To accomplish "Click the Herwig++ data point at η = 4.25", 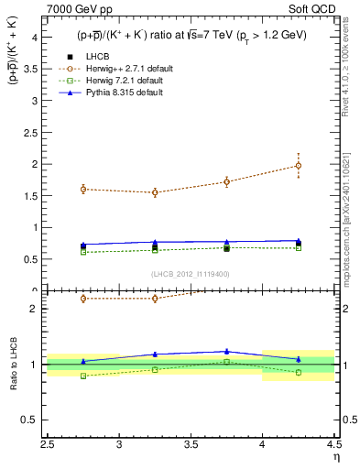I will (299, 166).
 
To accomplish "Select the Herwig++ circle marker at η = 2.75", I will (83, 189).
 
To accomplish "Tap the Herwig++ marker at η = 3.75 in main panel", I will (226, 181).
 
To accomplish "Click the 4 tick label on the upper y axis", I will (34, 38).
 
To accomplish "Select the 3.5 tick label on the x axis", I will (191, 445).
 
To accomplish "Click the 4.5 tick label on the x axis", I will (333, 445).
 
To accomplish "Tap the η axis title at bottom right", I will (336, 457).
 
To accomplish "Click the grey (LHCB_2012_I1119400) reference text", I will (191, 273).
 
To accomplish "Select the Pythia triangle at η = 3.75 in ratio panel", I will (226, 351).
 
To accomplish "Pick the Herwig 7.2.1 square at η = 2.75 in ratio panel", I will (83, 376).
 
